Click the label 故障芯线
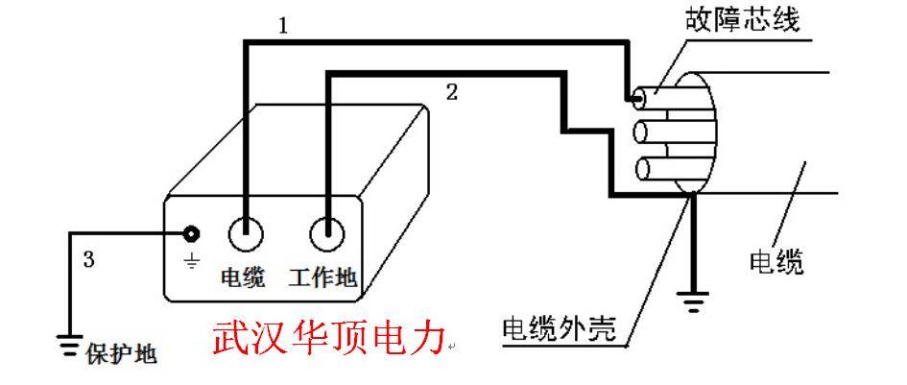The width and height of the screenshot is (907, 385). (742, 21)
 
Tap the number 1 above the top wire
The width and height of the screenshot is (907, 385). (283, 27)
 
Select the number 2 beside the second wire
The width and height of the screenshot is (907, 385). (452, 92)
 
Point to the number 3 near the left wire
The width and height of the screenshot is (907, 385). (88, 260)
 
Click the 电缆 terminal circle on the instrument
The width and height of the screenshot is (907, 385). (246, 234)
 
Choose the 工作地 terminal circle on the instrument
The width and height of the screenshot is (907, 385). (327, 234)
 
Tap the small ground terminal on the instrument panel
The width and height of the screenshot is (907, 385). (191, 234)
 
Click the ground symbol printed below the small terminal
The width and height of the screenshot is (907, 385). (191, 262)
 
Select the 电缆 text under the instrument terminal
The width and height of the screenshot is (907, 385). (243, 277)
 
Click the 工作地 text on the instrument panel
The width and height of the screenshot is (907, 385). (322, 277)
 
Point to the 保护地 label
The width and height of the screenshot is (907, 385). (122, 353)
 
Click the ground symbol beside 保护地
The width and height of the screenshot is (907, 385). (69, 343)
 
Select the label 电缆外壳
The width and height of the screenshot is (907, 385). (559, 330)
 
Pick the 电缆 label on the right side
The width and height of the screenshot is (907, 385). (776, 263)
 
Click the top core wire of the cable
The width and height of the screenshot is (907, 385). (654, 99)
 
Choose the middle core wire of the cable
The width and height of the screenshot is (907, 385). (654, 132)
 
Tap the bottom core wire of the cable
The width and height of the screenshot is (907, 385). (654, 168)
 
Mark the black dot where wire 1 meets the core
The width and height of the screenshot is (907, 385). (637, 99)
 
